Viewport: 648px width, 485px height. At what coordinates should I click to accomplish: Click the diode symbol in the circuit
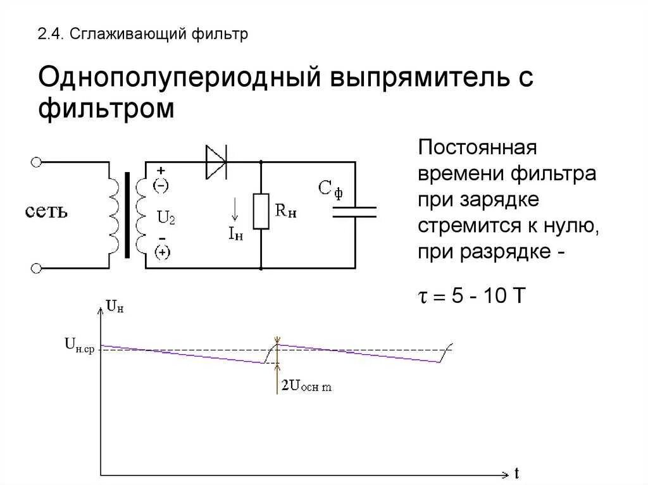click(216, 162)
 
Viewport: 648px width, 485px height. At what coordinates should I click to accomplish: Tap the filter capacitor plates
click(354, 212)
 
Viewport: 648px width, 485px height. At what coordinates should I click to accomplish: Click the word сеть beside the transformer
click(46, 211)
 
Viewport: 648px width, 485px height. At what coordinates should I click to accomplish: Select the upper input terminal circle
click(36, 162)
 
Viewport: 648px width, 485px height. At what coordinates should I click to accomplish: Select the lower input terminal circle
click(36, 267)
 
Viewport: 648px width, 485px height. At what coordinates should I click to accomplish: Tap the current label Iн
click(235, 234)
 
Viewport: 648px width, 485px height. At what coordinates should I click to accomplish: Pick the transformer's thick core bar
click(128, 215)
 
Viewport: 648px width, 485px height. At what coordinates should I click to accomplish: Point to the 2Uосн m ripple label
click(306, 386)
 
